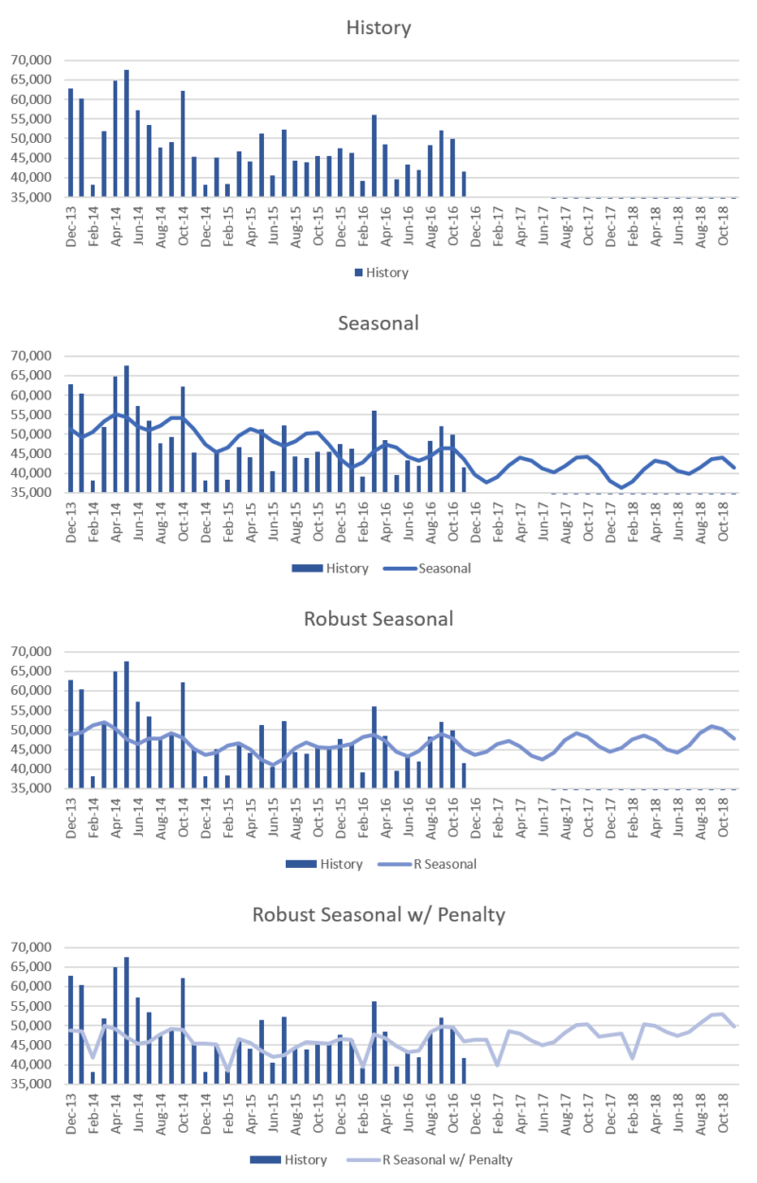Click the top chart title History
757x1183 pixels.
point(378,27)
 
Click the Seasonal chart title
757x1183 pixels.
point(378,323)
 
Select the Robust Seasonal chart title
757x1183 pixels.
point(378,619)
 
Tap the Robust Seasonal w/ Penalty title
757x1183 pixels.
point(378,915)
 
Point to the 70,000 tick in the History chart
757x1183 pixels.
point(31,61)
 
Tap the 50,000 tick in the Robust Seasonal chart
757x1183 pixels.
point(31,731)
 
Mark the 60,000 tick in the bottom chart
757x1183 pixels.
point(31,987)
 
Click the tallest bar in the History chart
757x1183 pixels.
point(127,133)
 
